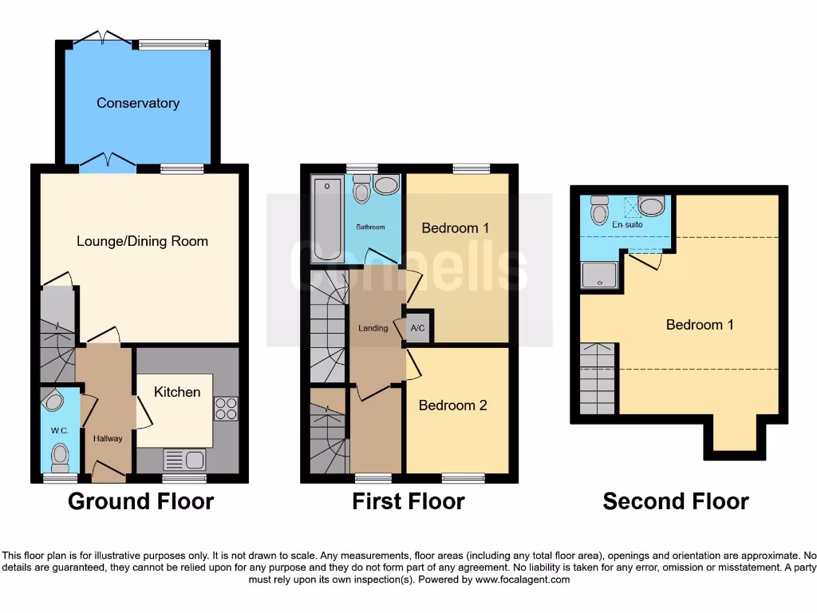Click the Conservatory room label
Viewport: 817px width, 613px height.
[x=137, y=103]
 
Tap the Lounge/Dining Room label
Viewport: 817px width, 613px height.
[x=142, y=241]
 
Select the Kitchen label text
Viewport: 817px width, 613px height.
[x=177, y=392]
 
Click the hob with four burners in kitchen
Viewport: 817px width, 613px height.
[x=225, y=409]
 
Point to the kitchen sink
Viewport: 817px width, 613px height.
[x=184, y=460]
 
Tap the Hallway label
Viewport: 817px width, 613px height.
[x=108, y=438]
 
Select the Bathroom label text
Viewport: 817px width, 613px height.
[x=370, y=227]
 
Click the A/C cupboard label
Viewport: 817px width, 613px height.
[x=417, y=328]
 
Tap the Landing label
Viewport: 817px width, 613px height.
[x=373, y=328]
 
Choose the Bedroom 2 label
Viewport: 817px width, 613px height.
[x=452, y=405]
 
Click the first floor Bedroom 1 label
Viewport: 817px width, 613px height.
[x=456, y=228]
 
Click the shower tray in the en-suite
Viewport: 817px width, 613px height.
[x=598, y=276]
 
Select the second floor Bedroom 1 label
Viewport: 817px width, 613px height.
[x=700, y=325]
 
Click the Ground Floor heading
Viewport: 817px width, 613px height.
[x=140, y=501]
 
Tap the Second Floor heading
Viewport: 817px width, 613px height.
[x=675, y=501]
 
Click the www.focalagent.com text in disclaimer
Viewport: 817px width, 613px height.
[x=522, y=579]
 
